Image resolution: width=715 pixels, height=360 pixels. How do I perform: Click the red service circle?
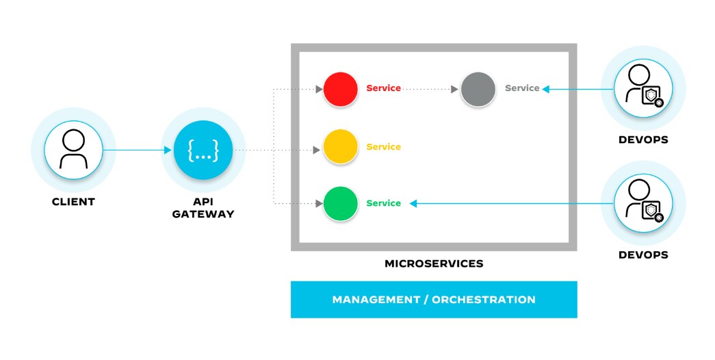[x=341, y=89]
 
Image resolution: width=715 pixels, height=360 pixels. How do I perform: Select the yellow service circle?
[x=341, y=146]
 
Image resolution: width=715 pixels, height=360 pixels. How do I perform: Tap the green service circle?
[x=341, y=203]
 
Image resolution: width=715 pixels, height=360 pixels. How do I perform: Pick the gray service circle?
[x=478, y=89]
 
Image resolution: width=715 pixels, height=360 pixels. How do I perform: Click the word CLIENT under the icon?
[x=73, y=202]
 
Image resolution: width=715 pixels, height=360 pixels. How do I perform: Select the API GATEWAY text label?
[x=203, y=208]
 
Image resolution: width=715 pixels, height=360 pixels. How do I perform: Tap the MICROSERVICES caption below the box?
[x=434, y=263]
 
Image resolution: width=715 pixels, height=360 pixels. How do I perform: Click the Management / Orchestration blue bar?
[x=434, y=300]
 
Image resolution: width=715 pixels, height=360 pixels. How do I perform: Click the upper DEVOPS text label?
[x=643, y=140]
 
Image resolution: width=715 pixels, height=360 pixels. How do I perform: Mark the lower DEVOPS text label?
[x=643, y=255]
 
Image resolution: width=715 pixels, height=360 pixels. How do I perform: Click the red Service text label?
[x=383, y=88]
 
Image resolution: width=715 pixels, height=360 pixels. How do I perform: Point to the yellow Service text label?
[x=383, y=146]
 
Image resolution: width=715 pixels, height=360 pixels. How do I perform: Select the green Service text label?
[x=383, y=203]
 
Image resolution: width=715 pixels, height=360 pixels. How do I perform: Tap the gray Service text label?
[x=522, y=88]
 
